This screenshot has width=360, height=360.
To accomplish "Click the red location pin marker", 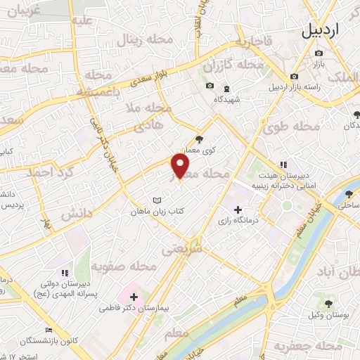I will click(x=181, y=166).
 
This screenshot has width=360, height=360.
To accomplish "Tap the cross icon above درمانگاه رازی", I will click(x=238, y=210).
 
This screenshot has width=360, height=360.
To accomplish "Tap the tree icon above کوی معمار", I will click(x=199, y=139).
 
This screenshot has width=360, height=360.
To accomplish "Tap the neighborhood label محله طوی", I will click(x=291, y=127).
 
